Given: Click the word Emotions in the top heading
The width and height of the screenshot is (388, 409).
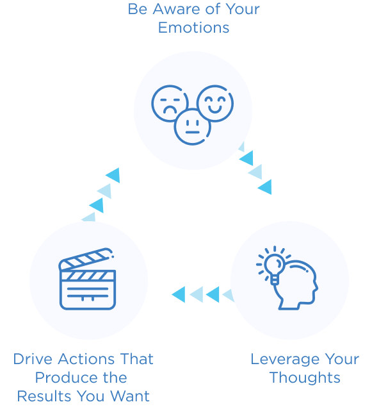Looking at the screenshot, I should [194, 28].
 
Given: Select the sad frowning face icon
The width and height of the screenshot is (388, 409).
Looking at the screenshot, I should [169, 103].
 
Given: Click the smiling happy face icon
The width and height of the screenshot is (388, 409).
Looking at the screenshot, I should [215, 103].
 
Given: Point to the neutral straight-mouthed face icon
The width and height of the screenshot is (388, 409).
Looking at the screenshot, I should [192, 125].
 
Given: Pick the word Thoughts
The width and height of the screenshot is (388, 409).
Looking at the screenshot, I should [305, 377].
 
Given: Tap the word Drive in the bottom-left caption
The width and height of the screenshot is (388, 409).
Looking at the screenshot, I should [33, 358].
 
